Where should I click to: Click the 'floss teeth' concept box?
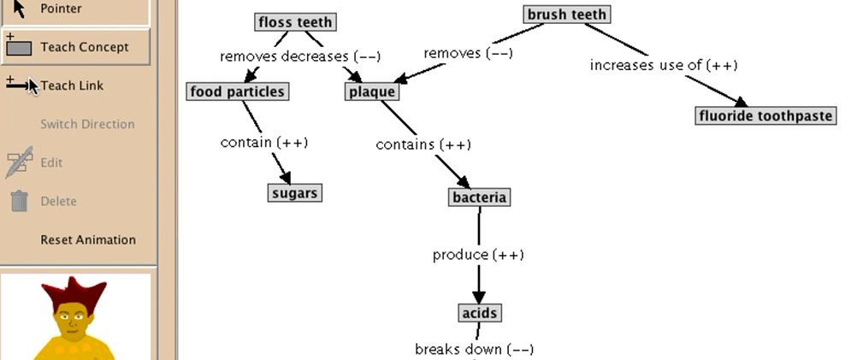[x=295, y=22]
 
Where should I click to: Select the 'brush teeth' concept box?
[x=566, y=15]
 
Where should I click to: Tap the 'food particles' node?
[x=237, y=91]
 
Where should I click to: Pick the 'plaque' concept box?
[x=372, y=91]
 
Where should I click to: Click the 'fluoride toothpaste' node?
[x=765, y=116]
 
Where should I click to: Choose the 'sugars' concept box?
[x=294, y=193]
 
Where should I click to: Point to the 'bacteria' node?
[x=479, y=198]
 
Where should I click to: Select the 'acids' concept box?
[x=479, y=314]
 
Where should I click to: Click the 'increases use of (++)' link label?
[x=664, y=65]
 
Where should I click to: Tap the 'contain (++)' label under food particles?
[x=263, y=143]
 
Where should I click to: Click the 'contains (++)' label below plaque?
[x=423, y=145]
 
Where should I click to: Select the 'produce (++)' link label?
[x=478, y=255]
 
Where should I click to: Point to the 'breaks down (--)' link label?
[x=474, y=349]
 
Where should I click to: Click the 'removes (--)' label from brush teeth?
[x=468, y=53]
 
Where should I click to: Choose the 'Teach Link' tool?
[x=72, y=86]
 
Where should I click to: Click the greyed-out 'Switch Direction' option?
[x=87, y=124]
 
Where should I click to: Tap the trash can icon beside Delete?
[x=20, y=201]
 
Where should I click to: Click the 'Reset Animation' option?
[x=88, y=239]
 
